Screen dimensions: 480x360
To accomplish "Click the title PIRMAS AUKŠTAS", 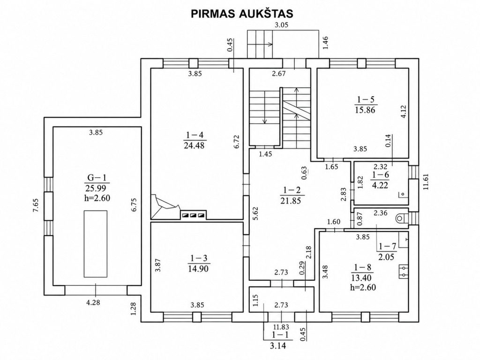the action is tap(242, 14).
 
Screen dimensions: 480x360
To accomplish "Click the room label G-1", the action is tap(97, 177).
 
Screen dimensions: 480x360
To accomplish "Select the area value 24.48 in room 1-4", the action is tap(194, 145).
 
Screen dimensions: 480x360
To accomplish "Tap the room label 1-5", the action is tap(366, 99).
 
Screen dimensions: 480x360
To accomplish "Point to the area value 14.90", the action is tap(198, 269).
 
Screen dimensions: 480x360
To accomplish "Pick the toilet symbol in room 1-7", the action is tap(401, 218).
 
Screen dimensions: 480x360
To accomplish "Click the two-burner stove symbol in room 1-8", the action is tap(404, 272).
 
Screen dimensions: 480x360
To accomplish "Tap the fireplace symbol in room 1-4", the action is tap(165, 207).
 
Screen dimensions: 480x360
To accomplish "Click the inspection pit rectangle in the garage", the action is tap(96, 244).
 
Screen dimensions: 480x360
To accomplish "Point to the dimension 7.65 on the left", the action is tap(36, 205).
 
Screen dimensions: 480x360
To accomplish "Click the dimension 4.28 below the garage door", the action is tap(93, 303).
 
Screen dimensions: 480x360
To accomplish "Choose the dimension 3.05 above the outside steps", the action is tap(281, 25).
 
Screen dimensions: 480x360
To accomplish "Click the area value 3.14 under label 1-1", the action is tap(278, 346).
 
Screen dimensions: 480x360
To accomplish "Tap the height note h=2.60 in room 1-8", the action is tap(363, 287).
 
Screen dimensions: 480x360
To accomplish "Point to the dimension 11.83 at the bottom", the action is tap(281, 327).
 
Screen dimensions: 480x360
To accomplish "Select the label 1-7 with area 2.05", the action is tap(386, 251).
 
